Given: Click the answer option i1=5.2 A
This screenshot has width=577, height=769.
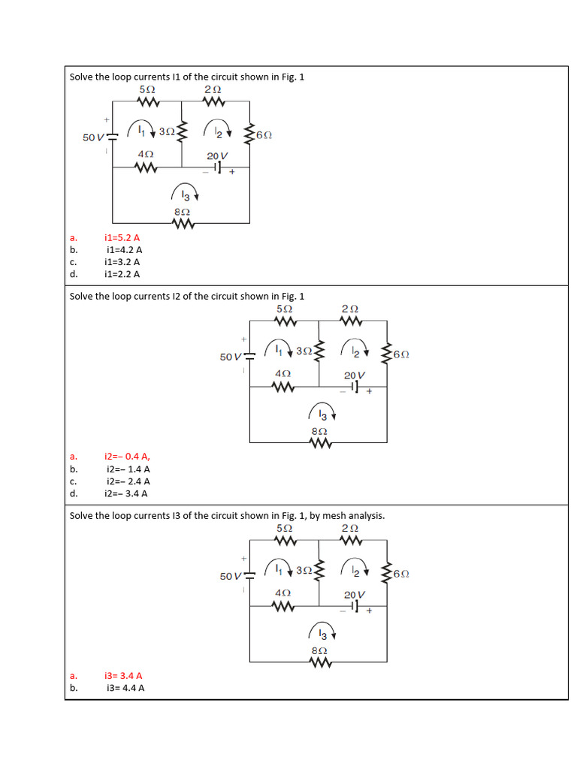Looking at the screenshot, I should (x=122, y=237).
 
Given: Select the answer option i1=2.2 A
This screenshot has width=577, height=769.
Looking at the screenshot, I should (x=122, y=274).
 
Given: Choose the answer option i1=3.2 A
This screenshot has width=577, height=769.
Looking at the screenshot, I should (x=122, y=262).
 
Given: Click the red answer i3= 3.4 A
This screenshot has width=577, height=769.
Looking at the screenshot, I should (x=124, y=675).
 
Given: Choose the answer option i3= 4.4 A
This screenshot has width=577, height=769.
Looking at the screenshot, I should (x=125, y=687).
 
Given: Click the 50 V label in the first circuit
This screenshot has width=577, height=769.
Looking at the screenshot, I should (x=93, y=137).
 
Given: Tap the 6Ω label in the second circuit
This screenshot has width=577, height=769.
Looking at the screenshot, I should (x=401, y=354).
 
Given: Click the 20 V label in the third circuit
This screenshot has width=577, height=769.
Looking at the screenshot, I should (x=355, y=594).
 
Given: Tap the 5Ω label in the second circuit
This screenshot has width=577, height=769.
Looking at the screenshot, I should (x=284, y=309).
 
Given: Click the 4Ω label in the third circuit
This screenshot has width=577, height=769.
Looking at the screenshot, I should (x=282, y=593).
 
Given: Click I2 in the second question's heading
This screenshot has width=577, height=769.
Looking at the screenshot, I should (x=177, y=296).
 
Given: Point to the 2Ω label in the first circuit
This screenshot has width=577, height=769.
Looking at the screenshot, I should (x=212, y=89).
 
